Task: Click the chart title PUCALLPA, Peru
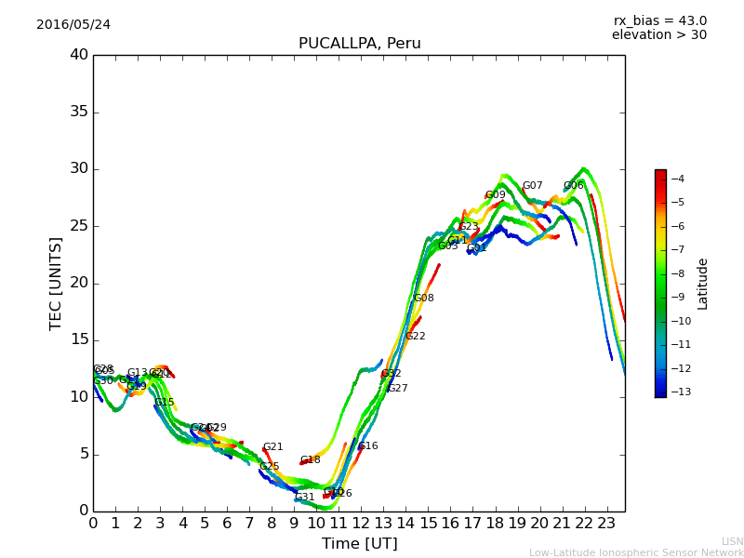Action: (359, 44)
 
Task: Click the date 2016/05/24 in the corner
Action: (73, 24)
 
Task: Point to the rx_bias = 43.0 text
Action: (659, 20)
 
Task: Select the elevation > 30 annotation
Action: (658, 35)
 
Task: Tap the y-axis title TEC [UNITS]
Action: (56, 283)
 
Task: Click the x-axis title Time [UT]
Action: (359, 543)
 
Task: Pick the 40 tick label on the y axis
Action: (79, 55)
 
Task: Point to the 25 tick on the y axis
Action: (79, 226)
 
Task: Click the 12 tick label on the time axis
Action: (361, 523)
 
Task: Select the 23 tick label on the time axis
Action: (607, 523)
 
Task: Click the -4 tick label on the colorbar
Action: (678, 179)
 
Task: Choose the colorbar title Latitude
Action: (703, 283)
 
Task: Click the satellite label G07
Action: (532, 186)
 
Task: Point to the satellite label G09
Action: (496, 195)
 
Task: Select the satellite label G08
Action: (424, 299)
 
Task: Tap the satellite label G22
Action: (416, 337)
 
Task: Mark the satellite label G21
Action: (272, 447)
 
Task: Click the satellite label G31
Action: (305, 498)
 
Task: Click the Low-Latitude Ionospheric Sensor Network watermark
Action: (636, 552)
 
